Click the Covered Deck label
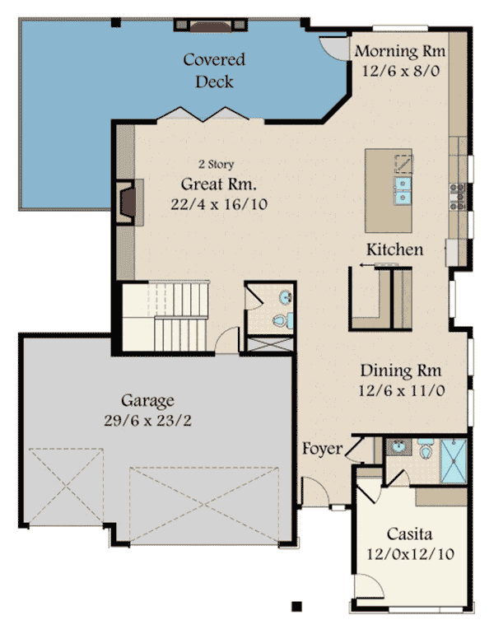pos(214,70)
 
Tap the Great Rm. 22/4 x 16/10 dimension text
pos(219,204)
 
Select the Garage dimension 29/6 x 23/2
pos(147,421)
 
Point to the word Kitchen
pos(394,249)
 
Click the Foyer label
pos(323,449)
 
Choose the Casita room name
pos(409,534)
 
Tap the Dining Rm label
pos(401,371)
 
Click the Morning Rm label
pos(400,51)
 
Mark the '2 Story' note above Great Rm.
pos(217,164)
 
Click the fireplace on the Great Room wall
pos(128,202)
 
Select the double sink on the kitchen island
pos(403,190)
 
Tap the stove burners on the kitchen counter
pos(458,197)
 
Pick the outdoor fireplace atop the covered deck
pos(211,25)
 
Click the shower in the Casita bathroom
pos(454,460)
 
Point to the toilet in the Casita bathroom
pos(426,448)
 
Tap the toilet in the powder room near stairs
pos(282,320)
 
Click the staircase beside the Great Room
pos(165,316)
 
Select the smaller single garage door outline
pos(67,487)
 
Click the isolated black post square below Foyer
pos(296,606)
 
